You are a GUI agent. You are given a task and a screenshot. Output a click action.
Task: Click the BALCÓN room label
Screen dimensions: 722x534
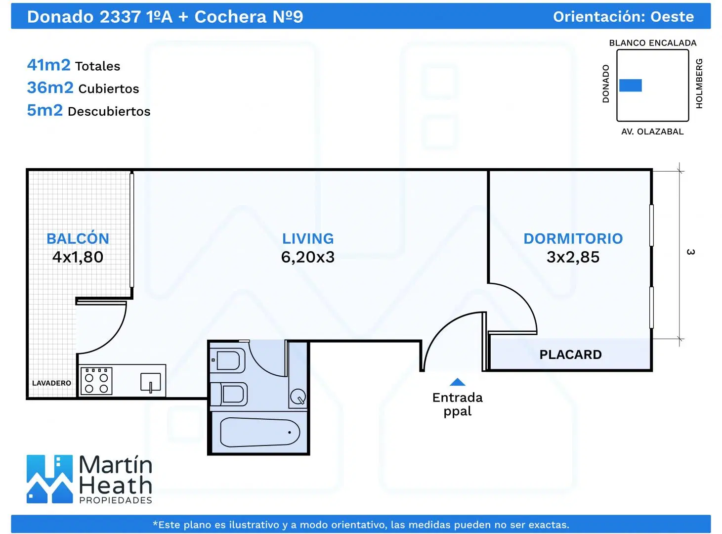(78, 238)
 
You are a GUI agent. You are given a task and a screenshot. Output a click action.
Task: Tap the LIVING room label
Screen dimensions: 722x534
(308, 238)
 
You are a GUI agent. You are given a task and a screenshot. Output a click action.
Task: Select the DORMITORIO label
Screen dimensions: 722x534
(573, 238)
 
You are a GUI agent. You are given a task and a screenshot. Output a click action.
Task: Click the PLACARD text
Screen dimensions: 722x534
(570, 355)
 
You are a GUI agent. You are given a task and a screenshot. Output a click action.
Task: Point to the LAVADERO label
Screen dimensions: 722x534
(51, 383)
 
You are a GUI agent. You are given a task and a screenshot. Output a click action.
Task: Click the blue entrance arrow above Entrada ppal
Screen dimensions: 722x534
(457, 382)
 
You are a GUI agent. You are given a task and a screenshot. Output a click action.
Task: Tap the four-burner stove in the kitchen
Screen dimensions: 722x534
(96, 381)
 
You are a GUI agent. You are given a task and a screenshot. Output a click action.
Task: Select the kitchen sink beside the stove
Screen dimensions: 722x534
(150, 382)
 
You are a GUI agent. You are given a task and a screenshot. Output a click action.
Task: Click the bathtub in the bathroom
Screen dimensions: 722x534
(260, 432)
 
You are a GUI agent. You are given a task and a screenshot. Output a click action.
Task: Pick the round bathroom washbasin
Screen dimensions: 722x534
(298, 397)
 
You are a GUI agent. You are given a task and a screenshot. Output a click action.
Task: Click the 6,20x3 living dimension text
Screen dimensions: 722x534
(307, 257)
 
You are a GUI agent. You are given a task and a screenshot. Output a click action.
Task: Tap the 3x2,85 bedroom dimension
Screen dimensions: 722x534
(573, 257)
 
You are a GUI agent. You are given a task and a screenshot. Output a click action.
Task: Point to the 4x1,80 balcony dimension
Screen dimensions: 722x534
(78, 257)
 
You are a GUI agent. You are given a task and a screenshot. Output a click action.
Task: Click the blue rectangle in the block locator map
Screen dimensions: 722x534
(630, 86)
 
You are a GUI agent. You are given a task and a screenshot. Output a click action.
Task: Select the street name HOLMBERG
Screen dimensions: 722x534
(699, 84)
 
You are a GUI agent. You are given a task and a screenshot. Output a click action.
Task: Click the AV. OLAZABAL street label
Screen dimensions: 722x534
(652, 132)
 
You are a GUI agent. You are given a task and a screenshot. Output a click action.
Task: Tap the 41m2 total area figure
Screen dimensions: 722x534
(48, 65)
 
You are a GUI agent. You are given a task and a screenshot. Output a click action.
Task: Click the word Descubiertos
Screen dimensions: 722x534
(109, 111)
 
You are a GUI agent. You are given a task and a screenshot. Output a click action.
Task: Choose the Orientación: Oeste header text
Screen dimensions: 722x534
(623, 17)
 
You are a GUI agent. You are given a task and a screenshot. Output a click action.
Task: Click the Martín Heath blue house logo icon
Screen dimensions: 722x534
(49, 479)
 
